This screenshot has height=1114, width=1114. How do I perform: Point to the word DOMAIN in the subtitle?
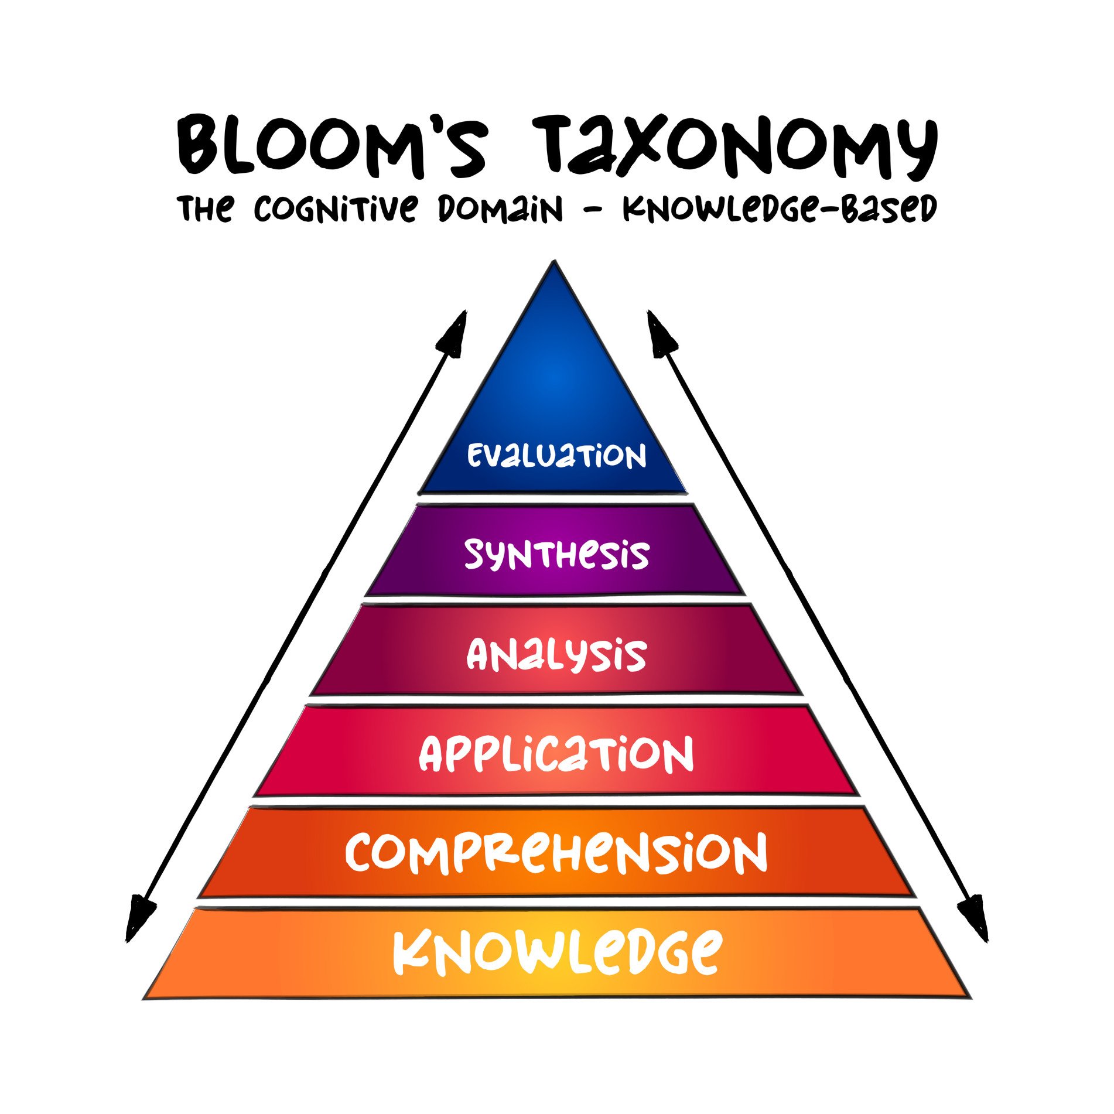501,209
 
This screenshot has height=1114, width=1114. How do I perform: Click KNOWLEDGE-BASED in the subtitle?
779,209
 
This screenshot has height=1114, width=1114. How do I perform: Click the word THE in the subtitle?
206,209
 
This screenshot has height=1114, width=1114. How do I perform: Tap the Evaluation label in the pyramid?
556,455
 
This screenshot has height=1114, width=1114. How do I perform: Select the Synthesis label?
556,554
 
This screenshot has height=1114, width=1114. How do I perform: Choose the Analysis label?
556,654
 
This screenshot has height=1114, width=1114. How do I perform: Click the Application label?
556,754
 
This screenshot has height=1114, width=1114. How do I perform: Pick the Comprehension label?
556,853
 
